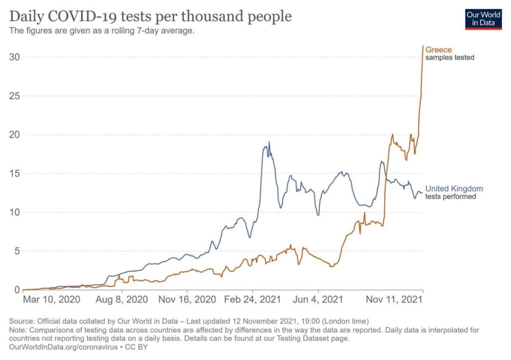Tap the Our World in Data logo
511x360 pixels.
pos(483,18)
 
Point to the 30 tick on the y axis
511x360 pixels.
pos(15,57)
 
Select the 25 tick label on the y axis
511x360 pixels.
pos(15,96)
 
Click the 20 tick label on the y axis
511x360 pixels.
pos(15,135)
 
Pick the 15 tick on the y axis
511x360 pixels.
pos(15,174)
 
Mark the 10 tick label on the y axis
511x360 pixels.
pos(15,212)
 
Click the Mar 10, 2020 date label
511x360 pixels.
pos(51,300)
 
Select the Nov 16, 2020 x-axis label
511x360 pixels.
pos(187,300)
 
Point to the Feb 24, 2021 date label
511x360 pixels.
pos(253,300)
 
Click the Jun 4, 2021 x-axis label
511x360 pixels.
pos(318,300)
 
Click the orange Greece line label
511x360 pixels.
pos(439,50)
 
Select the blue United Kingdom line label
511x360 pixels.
pos(454,188)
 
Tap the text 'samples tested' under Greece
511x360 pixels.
pos(450,58)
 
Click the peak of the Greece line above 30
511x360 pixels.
pos(423,46)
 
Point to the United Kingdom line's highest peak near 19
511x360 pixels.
pos(269,142)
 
